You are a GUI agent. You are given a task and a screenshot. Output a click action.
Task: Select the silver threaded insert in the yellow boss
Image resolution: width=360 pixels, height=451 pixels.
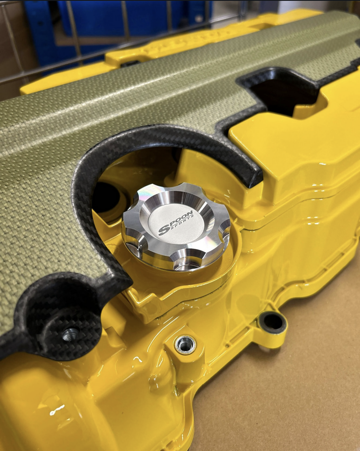coord(185,344)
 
